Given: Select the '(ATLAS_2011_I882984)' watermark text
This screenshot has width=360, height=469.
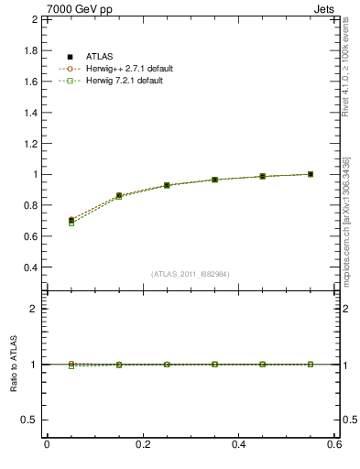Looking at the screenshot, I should click(191, 274).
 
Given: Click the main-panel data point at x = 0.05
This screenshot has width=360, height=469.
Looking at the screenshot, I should click(71, 221).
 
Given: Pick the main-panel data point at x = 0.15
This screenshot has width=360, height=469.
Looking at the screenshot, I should click(118, 195).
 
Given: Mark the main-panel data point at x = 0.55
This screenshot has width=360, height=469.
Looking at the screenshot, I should click(311, 174).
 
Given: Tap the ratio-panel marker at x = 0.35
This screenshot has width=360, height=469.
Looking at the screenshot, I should click(214, 364).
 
